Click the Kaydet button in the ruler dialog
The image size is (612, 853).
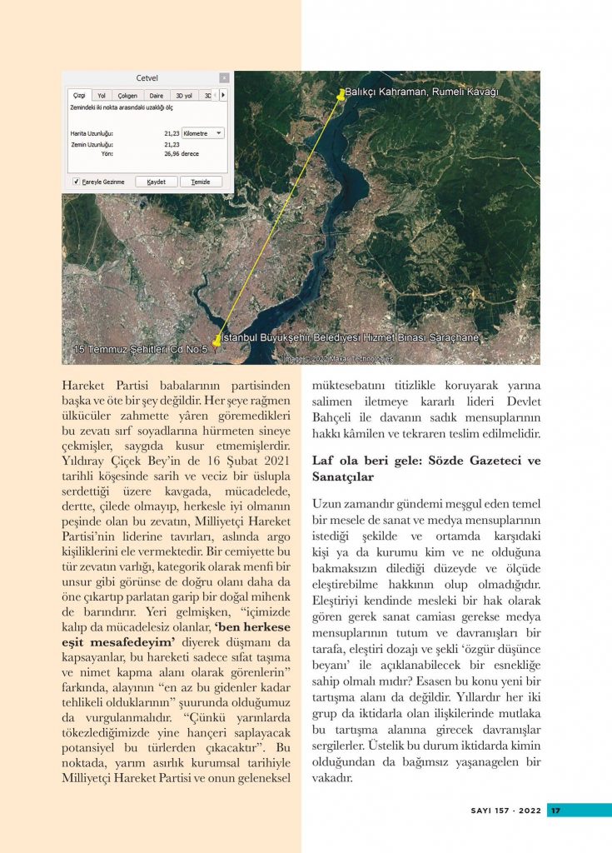(x=157, y=182)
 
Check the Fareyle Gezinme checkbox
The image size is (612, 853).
(x=76, y=182)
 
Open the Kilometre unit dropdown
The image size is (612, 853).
(x=203, y=132)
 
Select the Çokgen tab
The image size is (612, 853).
(x=127, y=96)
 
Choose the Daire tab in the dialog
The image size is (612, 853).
(x=156, y=96)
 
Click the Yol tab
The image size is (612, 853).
(x=102, y=96)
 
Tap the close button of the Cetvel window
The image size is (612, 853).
(x=224, y=78)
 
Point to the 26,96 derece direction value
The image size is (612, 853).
(x=182, y=154)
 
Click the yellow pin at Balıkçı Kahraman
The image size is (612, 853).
(x=340, y=94)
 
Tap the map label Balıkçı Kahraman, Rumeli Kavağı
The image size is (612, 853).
(x=421, y=92)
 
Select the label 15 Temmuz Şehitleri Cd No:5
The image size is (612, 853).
(x=140, y=348)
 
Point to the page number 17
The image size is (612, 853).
(x=555, y=811)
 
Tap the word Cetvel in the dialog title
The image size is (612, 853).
(x=147, y=78)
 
